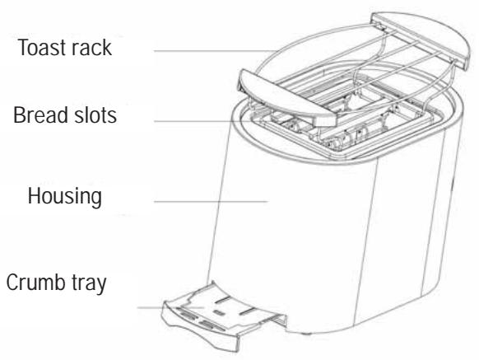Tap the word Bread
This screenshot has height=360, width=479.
[38, 115]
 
